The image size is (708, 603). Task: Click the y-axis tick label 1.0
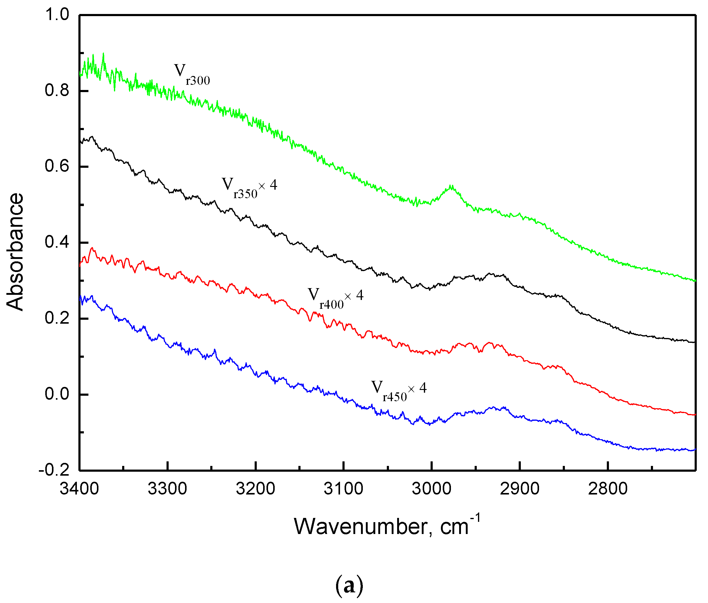click(57, 15)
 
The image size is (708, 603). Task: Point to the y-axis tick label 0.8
click(57, 91)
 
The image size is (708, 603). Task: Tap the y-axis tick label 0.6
click(57, 167)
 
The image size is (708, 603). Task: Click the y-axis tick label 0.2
click(57, 318)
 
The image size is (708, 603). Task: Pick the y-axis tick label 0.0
click(57, 394)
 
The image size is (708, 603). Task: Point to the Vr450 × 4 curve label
click(399, 391)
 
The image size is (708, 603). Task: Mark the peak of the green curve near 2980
click(451, 186)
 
